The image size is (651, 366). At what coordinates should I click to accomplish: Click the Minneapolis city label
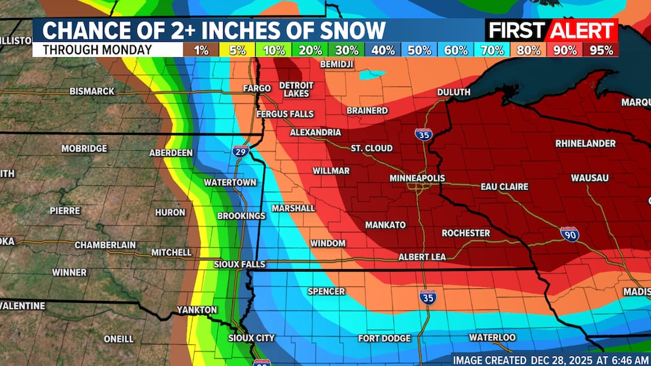point(417,178)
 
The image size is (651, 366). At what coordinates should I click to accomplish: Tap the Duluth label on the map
point(454,92)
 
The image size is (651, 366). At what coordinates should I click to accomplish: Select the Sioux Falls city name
point(240,264)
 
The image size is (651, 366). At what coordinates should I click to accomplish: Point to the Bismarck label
point(92,91)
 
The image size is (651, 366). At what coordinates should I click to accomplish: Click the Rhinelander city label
point(585,143)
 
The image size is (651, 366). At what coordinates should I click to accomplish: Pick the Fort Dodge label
point(384,338)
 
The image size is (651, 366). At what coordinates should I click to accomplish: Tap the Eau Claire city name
point(504,187)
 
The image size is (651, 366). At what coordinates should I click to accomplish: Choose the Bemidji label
point(337,64)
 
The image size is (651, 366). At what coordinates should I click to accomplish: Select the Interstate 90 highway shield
point(569,234)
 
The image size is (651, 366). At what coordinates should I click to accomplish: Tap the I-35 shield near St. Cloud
point(423,134)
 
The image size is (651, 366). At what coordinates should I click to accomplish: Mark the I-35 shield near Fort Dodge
point(428,296)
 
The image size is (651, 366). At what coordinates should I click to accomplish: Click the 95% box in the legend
point(601,50)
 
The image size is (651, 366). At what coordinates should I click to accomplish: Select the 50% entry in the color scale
point(418,50)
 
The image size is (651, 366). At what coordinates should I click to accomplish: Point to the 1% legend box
point(200,50)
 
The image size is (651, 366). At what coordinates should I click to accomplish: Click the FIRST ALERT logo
point(551,30)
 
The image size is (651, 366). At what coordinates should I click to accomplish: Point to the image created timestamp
point(549,359)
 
